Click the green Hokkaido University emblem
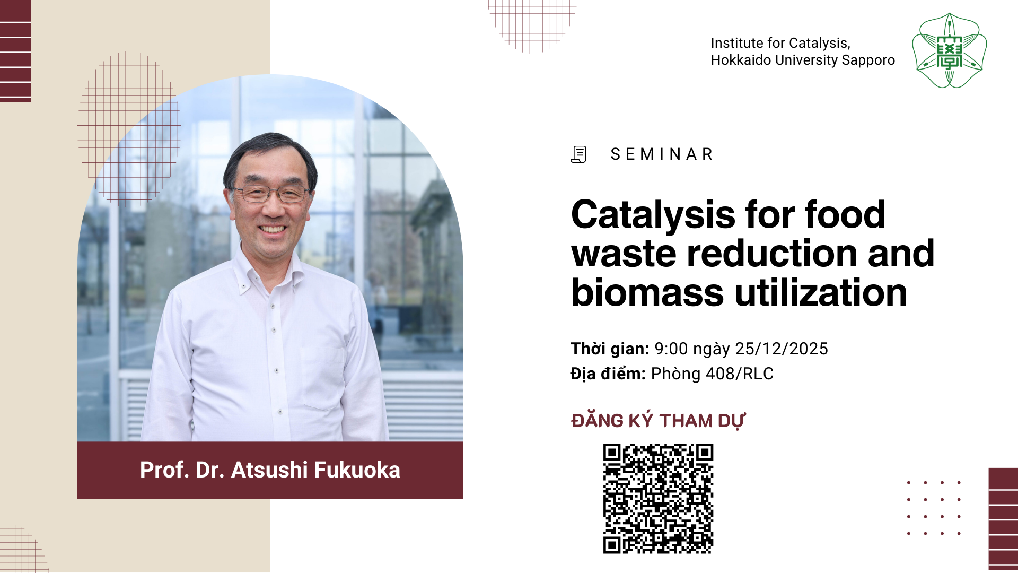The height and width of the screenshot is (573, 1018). point(949,51)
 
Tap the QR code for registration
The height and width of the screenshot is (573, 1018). point(658,499)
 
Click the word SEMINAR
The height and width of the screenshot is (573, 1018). point(662,154)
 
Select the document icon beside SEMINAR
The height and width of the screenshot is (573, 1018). point(578,154)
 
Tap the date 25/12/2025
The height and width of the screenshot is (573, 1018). point(782,349)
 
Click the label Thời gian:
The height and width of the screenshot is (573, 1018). point(610,349)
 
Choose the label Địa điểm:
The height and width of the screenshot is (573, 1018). point(608,374)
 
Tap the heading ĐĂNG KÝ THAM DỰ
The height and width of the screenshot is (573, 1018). point(658,420)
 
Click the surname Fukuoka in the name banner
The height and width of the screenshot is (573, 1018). point(357,470)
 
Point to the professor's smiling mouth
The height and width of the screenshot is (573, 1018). point(273,229)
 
